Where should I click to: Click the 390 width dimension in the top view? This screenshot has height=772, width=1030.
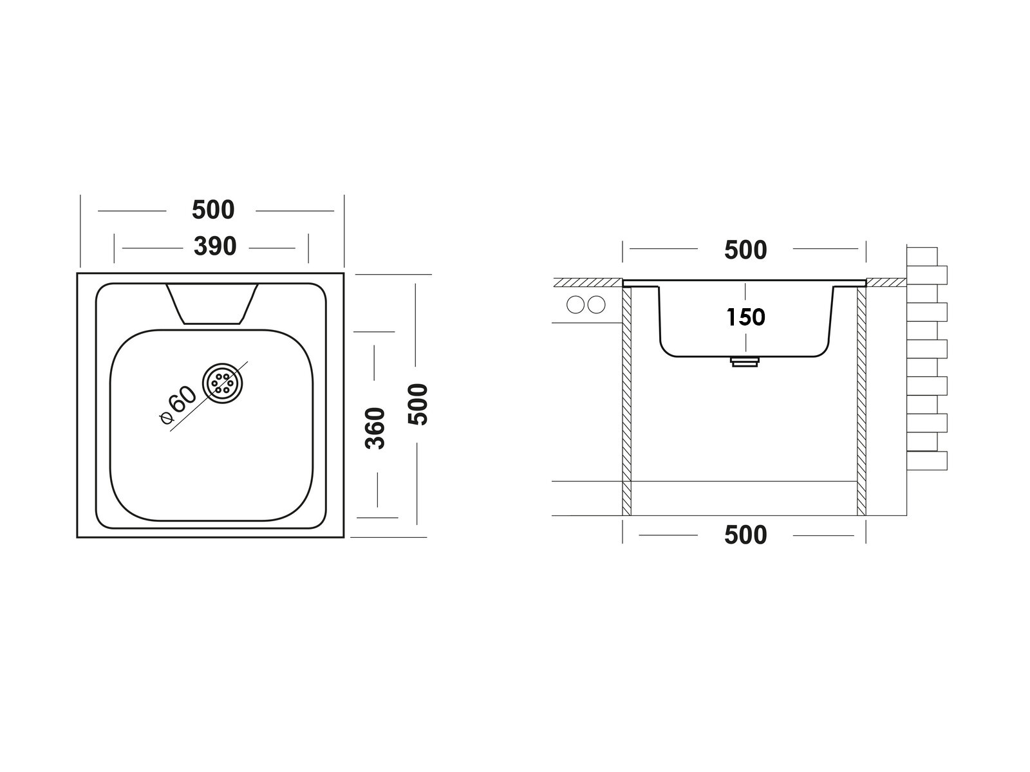tap(215, 246)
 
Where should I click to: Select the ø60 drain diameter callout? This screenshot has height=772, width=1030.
tap(177, 405)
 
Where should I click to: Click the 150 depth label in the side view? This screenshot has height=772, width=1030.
tap(745, 317)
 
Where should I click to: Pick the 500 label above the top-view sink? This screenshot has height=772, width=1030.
tap(214, 210)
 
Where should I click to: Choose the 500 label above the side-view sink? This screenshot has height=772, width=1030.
tap(745, 250)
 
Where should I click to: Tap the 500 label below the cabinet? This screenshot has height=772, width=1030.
tap(745, 535)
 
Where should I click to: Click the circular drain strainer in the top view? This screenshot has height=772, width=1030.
tap(223, 385)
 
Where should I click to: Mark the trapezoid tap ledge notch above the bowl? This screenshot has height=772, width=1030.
tap(212, 303)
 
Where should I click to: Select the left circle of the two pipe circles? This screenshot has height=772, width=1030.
tap(575, 304)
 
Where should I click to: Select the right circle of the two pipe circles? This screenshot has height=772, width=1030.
tap(597, 304)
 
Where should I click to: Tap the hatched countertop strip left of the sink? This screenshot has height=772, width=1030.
tap(588, 282)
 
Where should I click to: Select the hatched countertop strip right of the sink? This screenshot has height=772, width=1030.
tap(886, 282)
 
